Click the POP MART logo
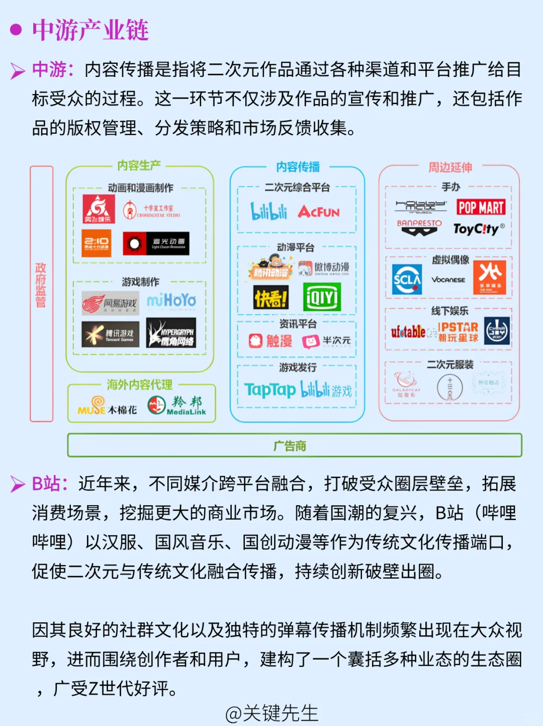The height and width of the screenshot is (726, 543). click(481, 207)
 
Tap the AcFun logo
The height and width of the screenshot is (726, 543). click(319, 212)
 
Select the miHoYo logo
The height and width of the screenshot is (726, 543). click(171, 301)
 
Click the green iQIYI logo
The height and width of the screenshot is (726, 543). click(322, 297)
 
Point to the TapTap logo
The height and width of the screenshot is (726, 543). click(270, 389)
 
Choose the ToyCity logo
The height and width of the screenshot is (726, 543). click(479, 229)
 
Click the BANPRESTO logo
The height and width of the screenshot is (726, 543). click(419, 227)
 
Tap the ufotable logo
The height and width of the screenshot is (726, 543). click(408, 332)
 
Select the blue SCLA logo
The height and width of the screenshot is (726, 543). click(407, 279)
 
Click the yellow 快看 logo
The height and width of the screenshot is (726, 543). click(271, 297)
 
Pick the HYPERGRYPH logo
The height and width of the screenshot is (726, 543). click(171, 333)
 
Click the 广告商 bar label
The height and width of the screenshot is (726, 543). click(290, 446)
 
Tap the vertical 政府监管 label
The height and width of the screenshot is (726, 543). click(41, 284)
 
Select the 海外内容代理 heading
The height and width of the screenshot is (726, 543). click(139, 385)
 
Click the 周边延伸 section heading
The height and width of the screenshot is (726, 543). click(449, 168)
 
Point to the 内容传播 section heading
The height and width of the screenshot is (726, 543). click(298, 167)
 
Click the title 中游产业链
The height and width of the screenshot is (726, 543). click(90, 31)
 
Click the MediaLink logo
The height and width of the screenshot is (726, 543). click(177, 405)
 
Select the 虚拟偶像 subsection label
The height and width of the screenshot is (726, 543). click(450, 260)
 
